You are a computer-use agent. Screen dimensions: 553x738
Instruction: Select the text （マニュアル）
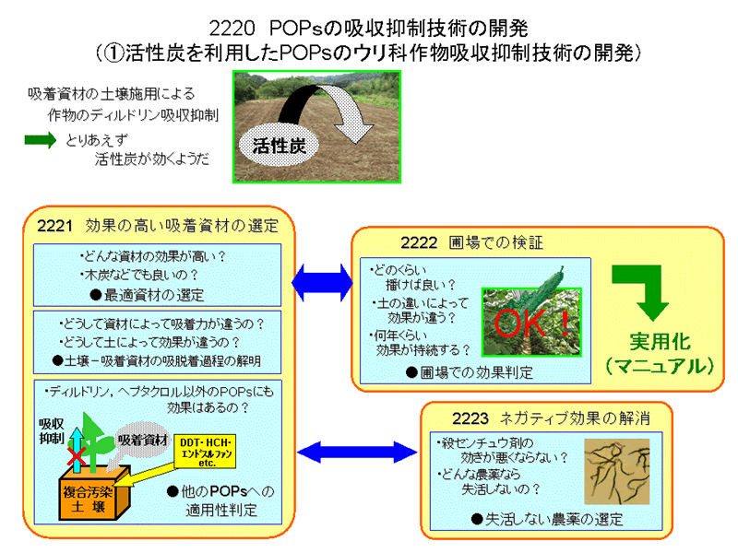[x=661, y=365]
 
